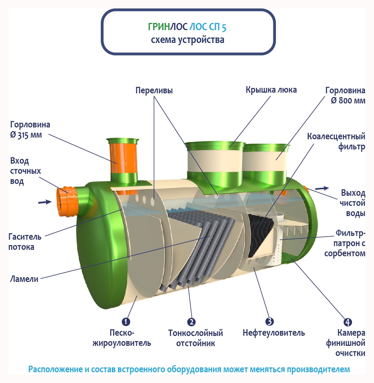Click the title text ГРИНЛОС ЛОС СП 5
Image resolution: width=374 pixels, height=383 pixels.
tap(187, 27)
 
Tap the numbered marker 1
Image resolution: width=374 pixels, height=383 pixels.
tap(126, 321)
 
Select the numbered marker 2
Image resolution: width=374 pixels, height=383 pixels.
tap(191, 322)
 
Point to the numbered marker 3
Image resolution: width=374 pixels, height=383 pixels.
tap(269, 321)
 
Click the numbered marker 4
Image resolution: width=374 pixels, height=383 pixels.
tap(348, 322)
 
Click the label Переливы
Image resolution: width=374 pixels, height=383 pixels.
tap(154, 91)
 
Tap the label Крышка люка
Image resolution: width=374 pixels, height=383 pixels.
tap(271, 90)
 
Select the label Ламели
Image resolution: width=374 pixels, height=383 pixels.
tap(24, 279)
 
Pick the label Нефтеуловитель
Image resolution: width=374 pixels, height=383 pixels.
tap(274, 333)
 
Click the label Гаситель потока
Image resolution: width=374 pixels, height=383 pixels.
tap(25, 242)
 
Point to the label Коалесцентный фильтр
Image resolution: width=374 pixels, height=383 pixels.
tap(336, 142)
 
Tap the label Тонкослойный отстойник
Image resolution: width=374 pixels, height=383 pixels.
tap(195, 338)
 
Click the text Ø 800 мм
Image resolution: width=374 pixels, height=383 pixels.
tap(348, 101)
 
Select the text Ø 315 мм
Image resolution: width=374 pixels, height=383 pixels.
tap(26, 135)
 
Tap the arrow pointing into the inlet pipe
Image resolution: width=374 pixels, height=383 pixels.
tap(44, 202)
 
